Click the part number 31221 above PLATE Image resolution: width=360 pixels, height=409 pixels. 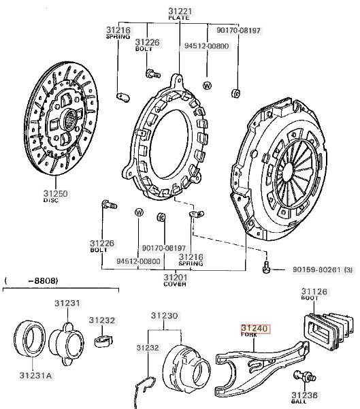pos(180,11)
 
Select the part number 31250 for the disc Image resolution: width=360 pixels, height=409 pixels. pos(56,193)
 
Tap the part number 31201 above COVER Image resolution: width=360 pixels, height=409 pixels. pos(176,277)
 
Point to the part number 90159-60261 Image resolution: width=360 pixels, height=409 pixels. pos(316,269)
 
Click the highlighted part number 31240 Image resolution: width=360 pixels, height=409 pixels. pos(255,329)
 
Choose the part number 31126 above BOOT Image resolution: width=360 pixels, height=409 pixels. pos(314,291)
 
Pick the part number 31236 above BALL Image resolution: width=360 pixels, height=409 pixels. pos(304,395)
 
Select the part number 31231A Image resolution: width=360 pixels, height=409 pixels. pos(36,376)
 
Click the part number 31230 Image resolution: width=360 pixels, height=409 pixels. pos(165,316)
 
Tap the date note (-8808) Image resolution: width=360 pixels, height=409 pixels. pos(31,280)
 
